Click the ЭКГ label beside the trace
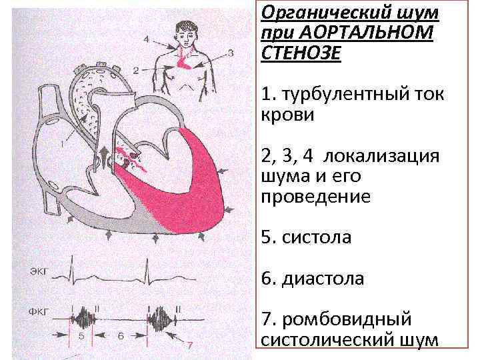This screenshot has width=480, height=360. click(x=39, y=273)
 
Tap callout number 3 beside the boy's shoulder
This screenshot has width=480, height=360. click(x=229, y=51)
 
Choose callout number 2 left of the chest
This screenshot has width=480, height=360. click(x=135, y=69)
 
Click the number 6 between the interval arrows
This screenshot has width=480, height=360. click(x=121, y=337)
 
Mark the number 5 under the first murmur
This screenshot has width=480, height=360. click(x=81, y=337)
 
